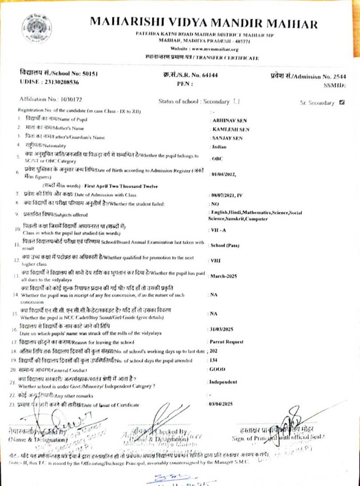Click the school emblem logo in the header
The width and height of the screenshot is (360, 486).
click(x=37, y=28)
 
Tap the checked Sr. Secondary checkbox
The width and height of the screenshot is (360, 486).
click(x=342, y=102)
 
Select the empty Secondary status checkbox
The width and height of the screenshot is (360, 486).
click(x=237, y=101)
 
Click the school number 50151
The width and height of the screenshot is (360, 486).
click(x=90, y=73)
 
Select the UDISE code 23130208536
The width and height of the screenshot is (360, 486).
click(x=62, y=82)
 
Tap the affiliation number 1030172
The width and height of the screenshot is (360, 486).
click(x=71, y=99)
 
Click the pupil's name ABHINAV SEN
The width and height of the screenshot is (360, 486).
click(x=230, y=121)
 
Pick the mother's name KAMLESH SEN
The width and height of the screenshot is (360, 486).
click(x=231, y=129)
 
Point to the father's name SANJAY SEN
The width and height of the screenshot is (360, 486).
click(x=228, y=138)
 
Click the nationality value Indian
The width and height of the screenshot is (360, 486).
click(x=219, y=147)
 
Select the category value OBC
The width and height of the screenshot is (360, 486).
click(x=217, y=158)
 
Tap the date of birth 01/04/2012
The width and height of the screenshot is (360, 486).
click(x=223, y=175)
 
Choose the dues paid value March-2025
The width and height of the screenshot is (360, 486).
click(x=224, y=276)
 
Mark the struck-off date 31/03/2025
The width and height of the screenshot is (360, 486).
click(x=221, y=329)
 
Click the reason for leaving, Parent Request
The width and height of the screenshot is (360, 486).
click(x=227, y=342)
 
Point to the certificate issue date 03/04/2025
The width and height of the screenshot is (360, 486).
click(x=221, y=404)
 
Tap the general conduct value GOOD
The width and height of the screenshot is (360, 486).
click(x=217, y=369)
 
